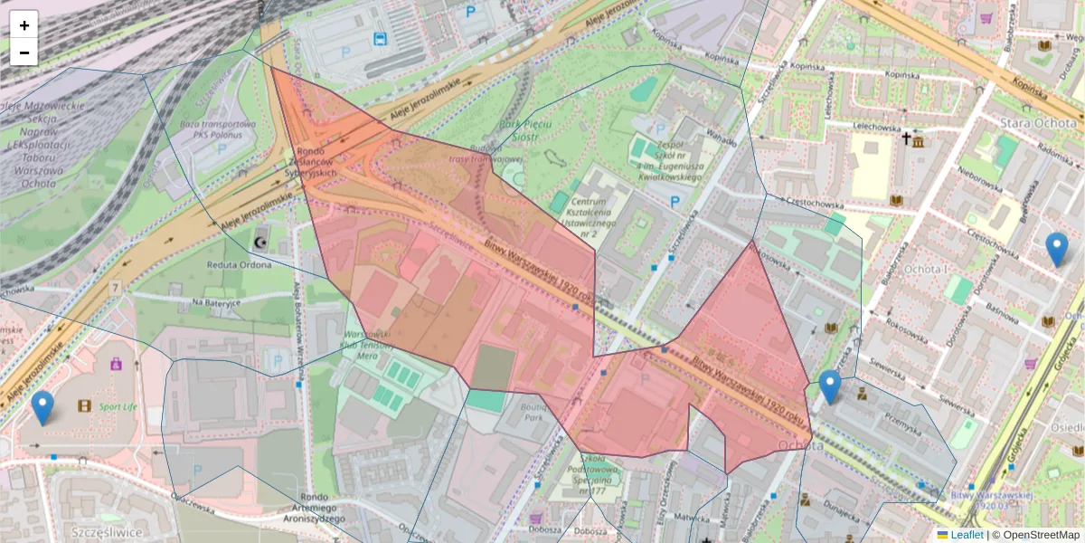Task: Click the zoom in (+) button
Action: (x=24, y=24)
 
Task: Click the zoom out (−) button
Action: (x=24, y=52)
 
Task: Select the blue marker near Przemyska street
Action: (x=829, y=386)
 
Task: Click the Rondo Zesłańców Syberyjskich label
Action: (x=316, y=162)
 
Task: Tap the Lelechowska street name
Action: (x=854, y=129)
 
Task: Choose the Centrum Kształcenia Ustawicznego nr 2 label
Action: (x=587, y=216)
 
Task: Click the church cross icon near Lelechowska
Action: (x=906, y=138)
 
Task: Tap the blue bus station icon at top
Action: (x=381, y=39)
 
